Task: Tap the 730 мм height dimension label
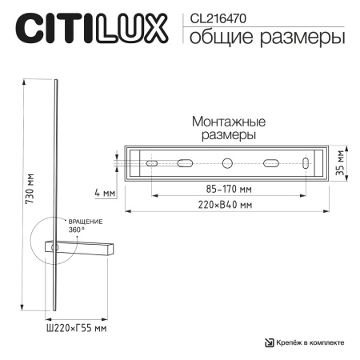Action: coord(30,192)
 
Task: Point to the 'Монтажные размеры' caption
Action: coord(228,129)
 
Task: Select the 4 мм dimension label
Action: coord(104,192)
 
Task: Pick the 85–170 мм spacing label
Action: coord(229,190)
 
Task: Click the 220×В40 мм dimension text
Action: coord(227,205)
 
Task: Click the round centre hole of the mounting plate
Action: coord(227,163)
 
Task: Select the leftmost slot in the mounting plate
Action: coord(150,163)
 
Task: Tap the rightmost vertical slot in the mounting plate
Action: coord(306,163)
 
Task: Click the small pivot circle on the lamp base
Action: coord(55,249)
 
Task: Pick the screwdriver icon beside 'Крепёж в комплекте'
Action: coord(269,342)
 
